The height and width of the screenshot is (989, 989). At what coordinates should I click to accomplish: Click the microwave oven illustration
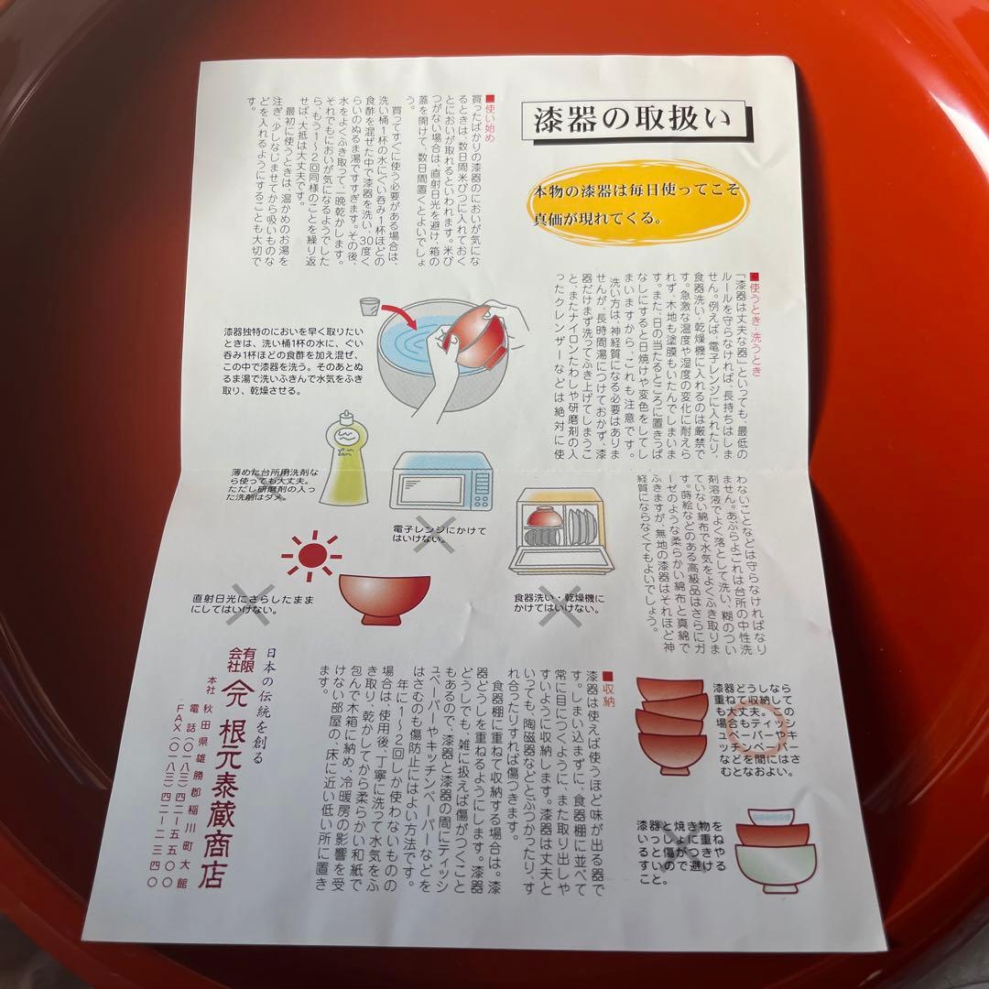(x=441, y=483)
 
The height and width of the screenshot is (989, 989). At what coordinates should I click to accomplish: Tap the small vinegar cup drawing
(x=368, y=309)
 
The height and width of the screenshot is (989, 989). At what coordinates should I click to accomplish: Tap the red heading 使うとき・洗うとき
(x=755, y=315)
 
